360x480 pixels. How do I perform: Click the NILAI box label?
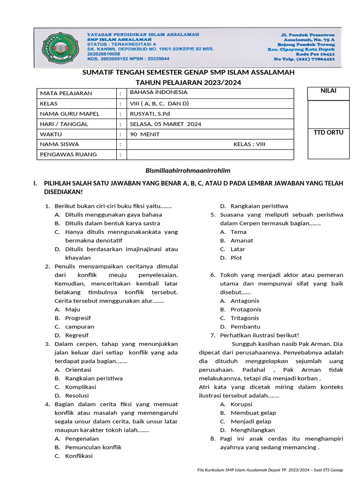[328, 90]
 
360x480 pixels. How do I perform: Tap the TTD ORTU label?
[328, 132]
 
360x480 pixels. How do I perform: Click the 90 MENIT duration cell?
[145, 134]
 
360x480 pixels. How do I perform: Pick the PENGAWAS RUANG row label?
[68, 154]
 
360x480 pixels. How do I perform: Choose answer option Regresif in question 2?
[76, 335]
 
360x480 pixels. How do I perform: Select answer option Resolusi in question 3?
[77, 396]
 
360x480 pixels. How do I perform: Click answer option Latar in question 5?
[238, 249]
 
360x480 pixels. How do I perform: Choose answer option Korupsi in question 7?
[241, 404]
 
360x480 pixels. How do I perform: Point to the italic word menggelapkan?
[266, 361]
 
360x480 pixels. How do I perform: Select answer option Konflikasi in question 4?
[79, 456]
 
